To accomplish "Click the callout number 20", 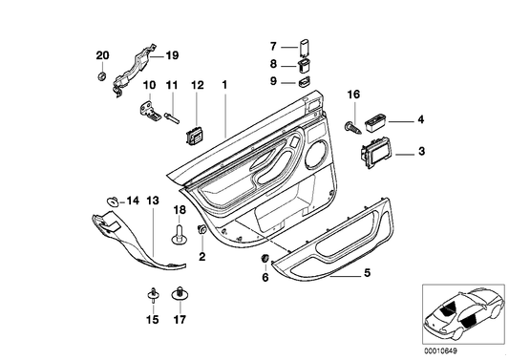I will [x=103, y=55].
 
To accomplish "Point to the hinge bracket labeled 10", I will [x=149, y=112].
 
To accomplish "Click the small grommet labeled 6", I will [x=265, y=261].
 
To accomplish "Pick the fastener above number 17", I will [x=178, y=294].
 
